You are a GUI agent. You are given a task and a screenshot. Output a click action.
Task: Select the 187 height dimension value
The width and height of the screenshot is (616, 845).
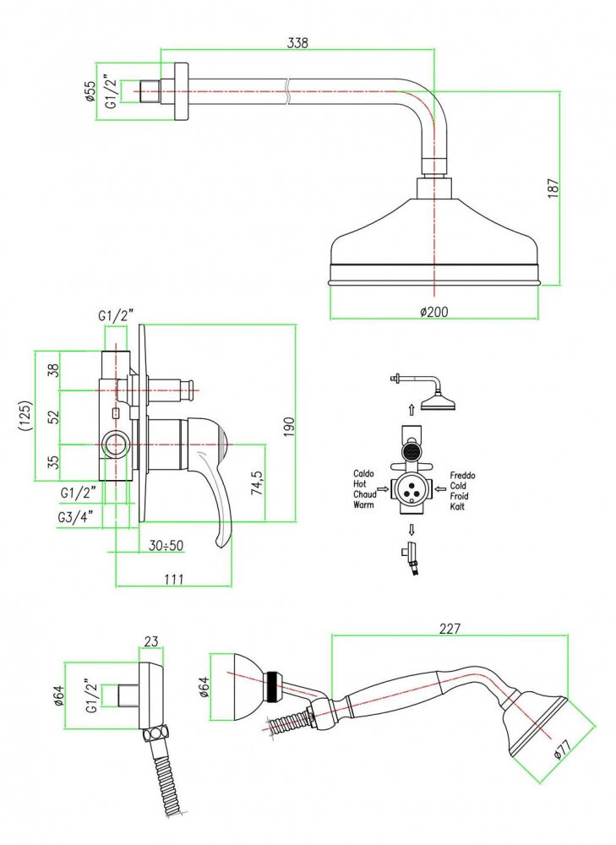click(x=553, y=188)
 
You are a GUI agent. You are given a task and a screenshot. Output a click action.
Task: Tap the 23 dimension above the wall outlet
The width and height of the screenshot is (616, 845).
click(x=150, y=641)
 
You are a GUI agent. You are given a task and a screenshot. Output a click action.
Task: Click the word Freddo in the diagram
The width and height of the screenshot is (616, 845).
click(x=462, y=476)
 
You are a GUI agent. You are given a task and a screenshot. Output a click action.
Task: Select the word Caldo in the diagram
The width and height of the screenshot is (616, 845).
click(x=365, y=474)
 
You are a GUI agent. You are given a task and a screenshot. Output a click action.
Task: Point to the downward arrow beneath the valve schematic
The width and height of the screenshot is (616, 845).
click(x=412, y=531)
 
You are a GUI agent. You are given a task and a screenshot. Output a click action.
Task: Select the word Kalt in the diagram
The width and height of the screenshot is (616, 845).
click(x=457, y=506)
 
